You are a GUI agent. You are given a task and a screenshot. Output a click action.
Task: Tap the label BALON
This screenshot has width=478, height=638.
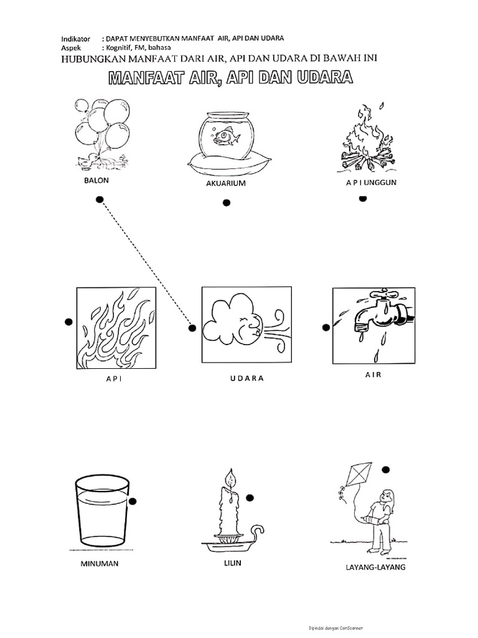pyautogui.click(x=96, y=181)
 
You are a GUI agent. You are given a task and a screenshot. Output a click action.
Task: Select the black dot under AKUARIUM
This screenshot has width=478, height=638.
pyautogui.click(x=227, y=202)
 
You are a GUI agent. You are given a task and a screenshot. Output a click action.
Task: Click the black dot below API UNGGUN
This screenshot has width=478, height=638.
pyautogui.click(x=363, y=198)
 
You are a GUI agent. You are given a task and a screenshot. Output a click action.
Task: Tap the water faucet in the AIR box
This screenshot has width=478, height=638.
pyautogui.click(x=379, y=314)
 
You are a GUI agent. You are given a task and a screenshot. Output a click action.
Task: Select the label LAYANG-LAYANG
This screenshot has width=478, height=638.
pyautogui.click(x=375, y=567)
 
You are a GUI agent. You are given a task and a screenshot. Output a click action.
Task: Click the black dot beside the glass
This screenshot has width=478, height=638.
pyautogui.click(x=133, y=500)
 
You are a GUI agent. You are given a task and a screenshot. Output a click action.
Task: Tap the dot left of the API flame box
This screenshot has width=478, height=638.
pyautogui.click(x=68, y=321)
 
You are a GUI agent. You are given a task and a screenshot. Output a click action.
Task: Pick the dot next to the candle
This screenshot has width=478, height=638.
pyautogui.click(x=250, y=497)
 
